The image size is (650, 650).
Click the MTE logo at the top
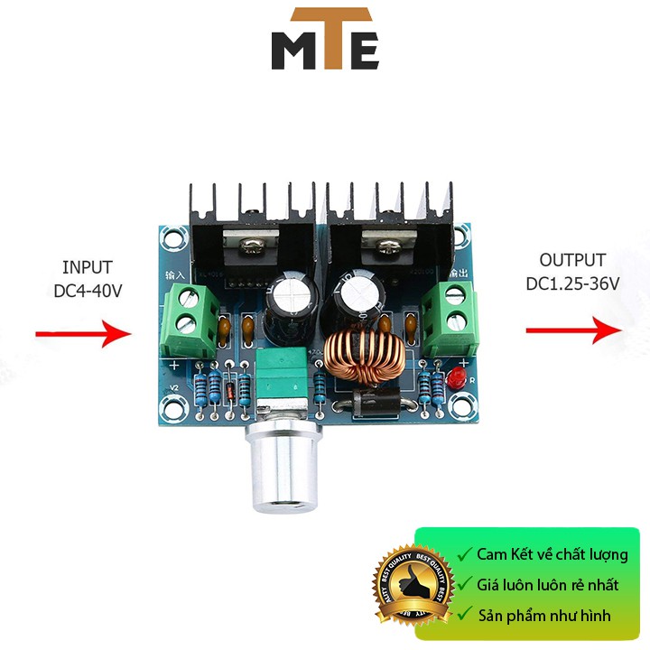click(x=325, y=40)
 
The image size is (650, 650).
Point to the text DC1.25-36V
click(x=573, y=283)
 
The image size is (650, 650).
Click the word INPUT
click(x=88, y=267)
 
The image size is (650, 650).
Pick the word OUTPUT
click(x=572, y=261)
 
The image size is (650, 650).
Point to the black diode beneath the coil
click(x=372, y=403)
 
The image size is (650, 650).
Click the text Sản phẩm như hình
click(x=546, y=616)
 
